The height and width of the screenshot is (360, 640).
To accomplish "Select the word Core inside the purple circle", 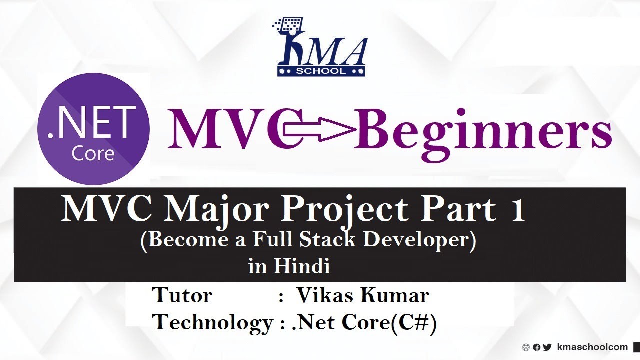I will tap(93, 153).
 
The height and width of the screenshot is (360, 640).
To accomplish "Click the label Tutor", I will tap(182, 295).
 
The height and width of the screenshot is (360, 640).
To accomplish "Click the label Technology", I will tap(212, 323).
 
